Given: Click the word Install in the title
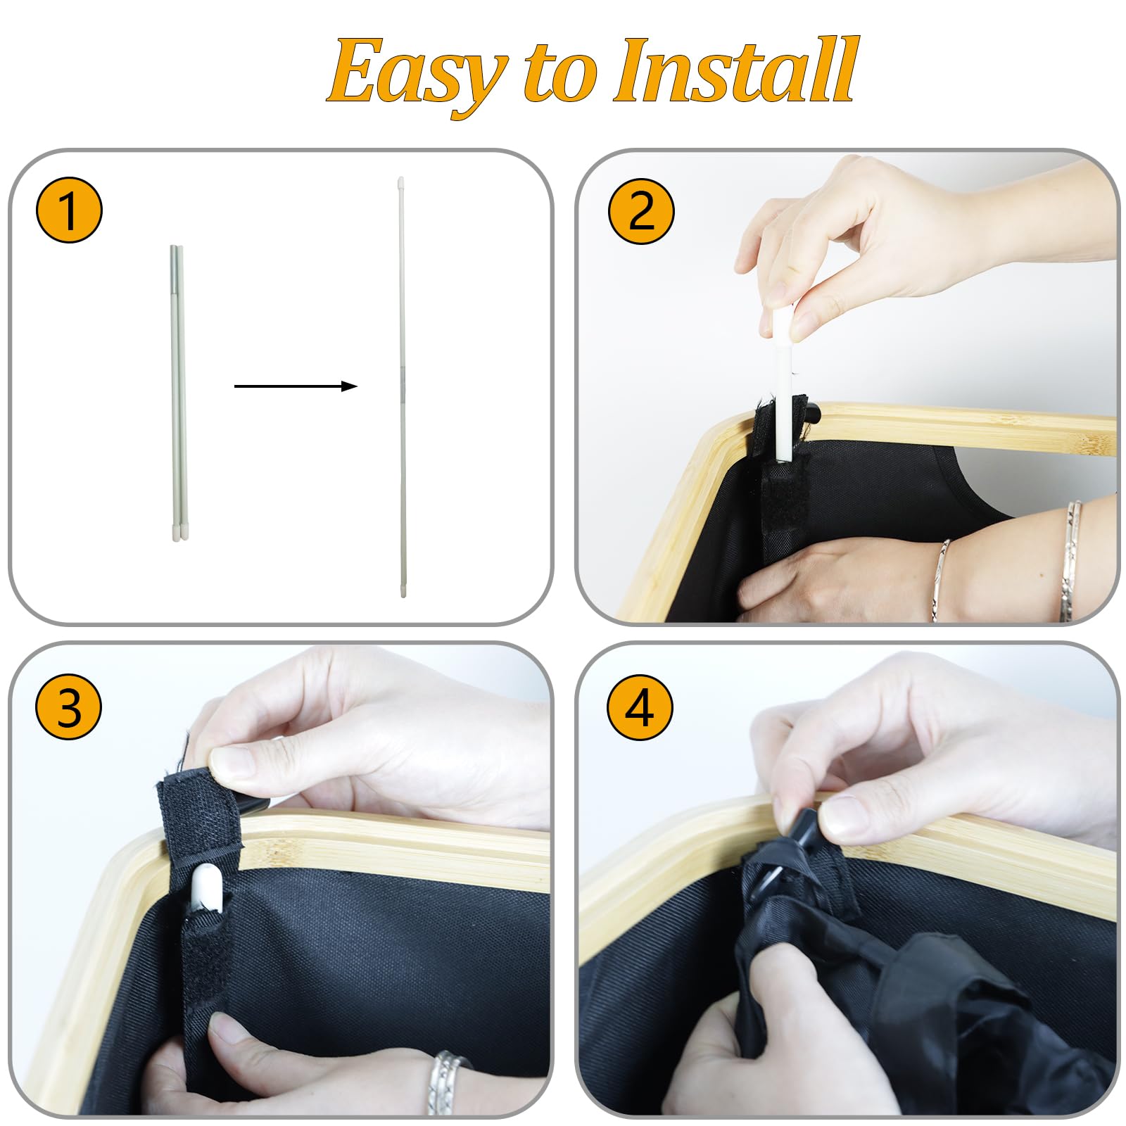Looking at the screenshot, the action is click(x=736, y=70).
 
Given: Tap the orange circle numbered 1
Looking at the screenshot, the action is click(x=69, y=210).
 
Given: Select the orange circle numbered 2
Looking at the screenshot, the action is click(x=641, y=210).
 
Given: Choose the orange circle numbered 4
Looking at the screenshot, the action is click(x=640, y=707).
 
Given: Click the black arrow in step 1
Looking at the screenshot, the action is click(x=296, y=386).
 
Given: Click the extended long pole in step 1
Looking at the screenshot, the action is click(x=402, y=387).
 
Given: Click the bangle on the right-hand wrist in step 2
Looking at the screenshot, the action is click(x=1071, y=559).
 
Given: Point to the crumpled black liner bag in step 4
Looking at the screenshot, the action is click(x=915, y=999).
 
